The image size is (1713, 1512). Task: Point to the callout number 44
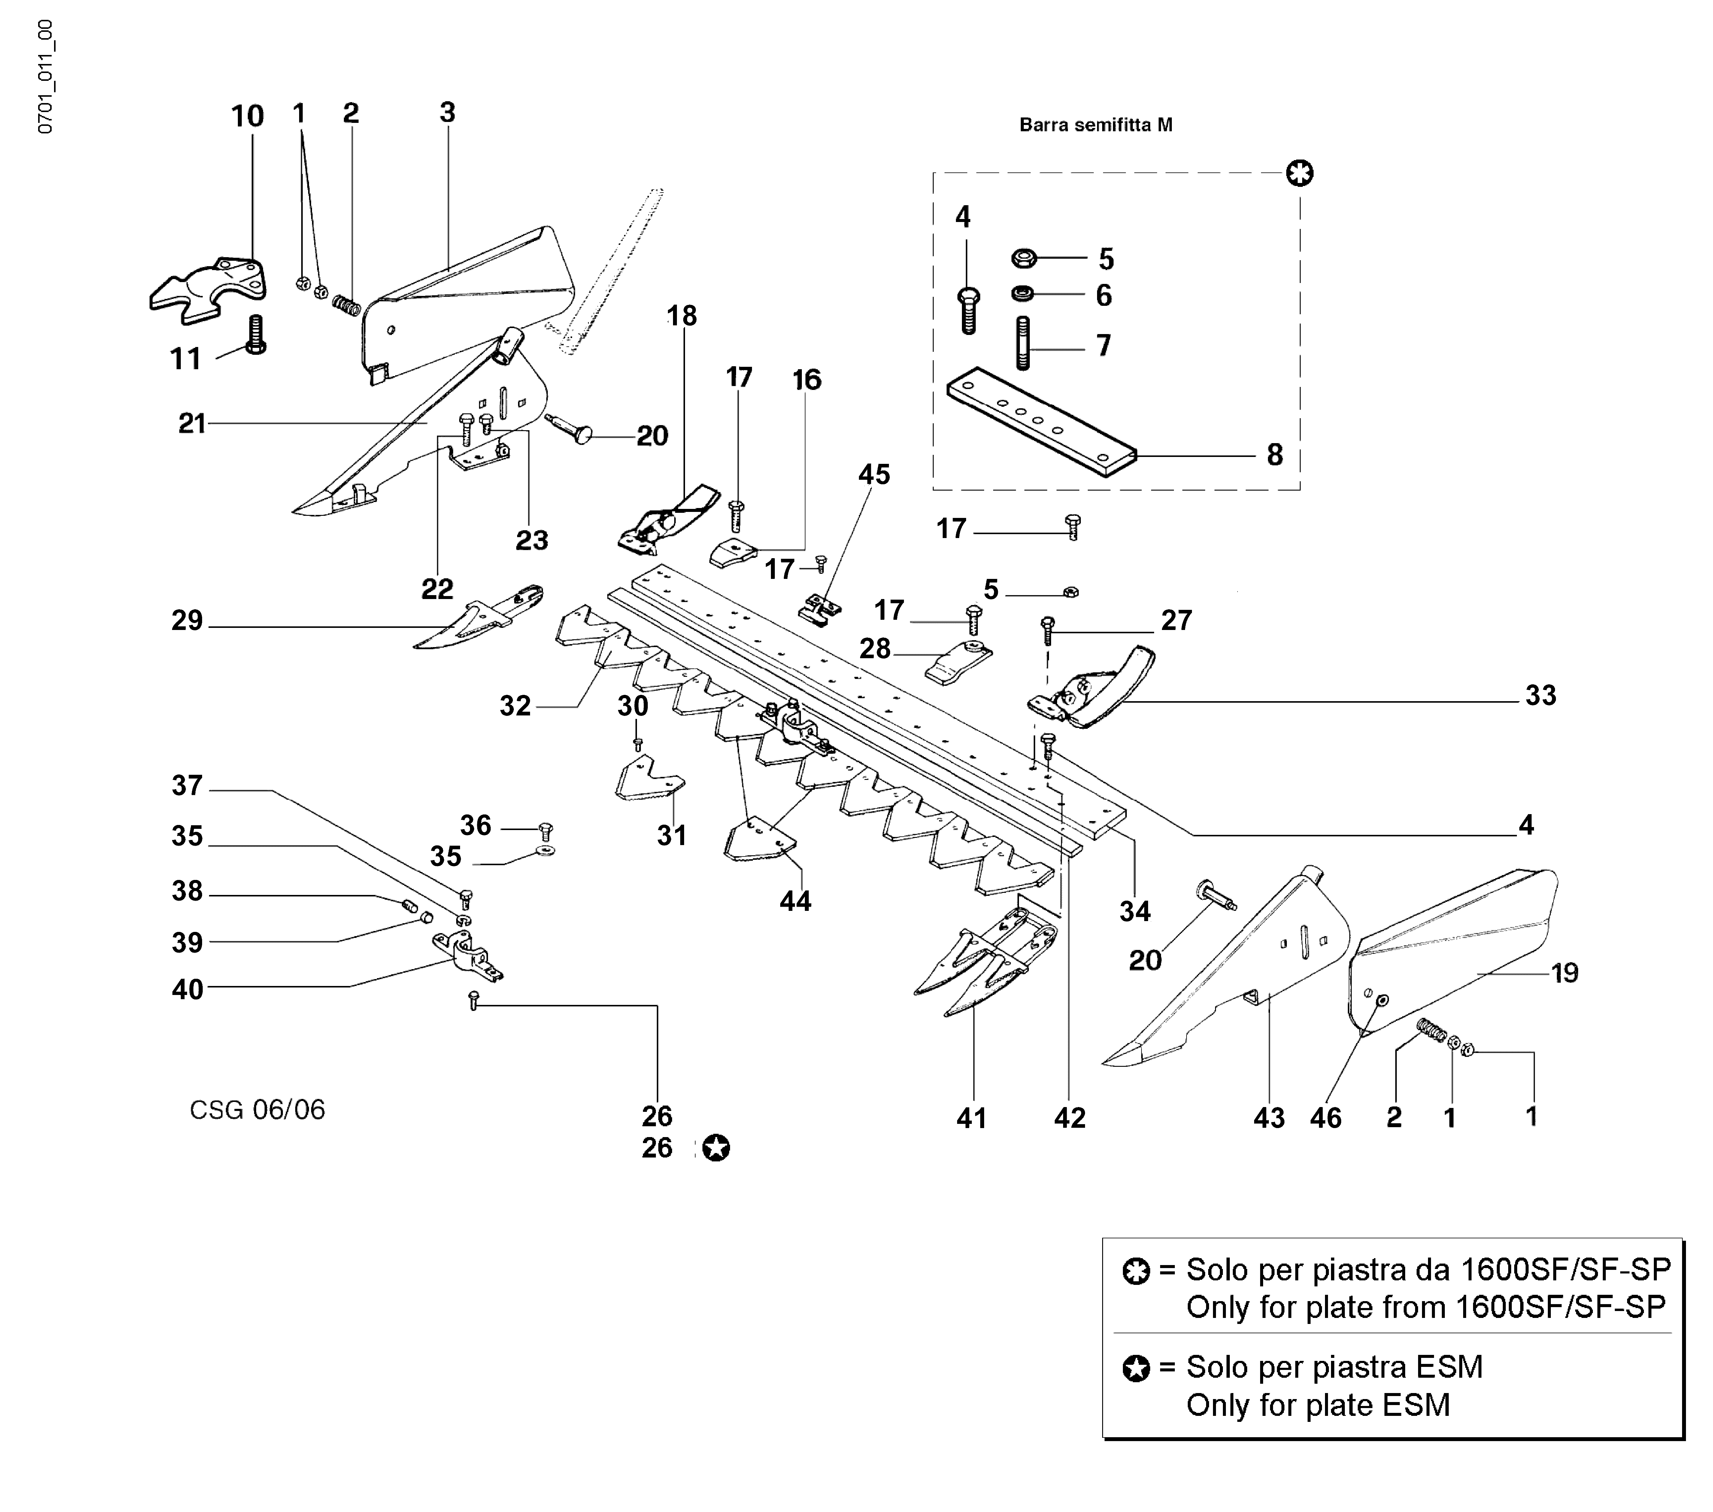794,901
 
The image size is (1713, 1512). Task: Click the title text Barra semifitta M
1095,125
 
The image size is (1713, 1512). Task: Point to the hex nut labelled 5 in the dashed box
1024,258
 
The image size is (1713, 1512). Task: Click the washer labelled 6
1023,294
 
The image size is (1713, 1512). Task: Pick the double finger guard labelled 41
976,964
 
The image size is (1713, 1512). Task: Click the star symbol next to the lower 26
716,1147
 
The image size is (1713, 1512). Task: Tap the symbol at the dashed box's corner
1300,174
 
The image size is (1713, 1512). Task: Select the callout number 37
187,785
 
